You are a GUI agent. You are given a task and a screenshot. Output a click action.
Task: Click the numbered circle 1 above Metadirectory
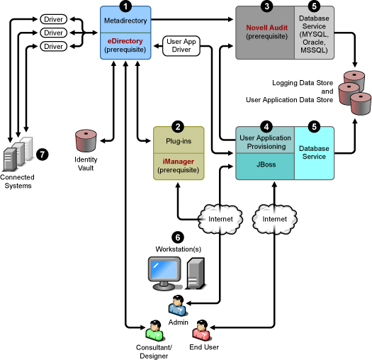pyautogui.click(x=125, y=6)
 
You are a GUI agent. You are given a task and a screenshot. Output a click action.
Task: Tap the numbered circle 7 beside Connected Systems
pyautogui.click(x=43, y=154)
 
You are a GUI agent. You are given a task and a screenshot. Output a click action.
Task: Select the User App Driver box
pyautogui.click(x=181, y=45)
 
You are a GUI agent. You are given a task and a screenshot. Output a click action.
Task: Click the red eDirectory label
pyautogui.click(x=125, y=41)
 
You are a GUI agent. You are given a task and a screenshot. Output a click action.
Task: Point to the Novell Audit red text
pyautogui.click(x=266, y=28)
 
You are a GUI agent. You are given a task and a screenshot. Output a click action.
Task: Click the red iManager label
pyautogui.click(x=178, y=162)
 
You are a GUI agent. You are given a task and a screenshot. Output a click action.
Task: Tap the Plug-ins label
pyautogui.click(x=179, y=141)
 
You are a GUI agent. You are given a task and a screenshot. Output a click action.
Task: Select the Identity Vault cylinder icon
pyautogui.click(x=86, y=140)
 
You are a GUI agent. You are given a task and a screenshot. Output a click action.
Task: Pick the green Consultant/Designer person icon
pyautogui.click(x=154, y=330)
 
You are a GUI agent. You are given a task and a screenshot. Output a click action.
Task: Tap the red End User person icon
pyautogui.click(x=201, y=330)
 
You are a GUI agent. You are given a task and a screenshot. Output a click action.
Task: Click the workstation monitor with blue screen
pyautogui.click(x=164, y=273)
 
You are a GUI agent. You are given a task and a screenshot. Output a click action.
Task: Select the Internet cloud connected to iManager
pyautogui.click(x=220, y=219)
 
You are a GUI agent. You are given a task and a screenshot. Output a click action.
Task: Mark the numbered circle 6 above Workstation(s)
pyautogui.click(x=178, y=237)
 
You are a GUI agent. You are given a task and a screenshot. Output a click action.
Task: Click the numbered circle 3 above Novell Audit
pyautogui.click(x=266, y=6)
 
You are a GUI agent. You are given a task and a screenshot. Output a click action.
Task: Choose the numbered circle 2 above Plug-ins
pyautogui.click(x=178, y=126)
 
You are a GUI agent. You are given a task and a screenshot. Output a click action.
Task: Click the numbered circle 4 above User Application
pyautogui.click(x=266, y=126)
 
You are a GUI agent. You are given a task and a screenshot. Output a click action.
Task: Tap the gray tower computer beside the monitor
pyautogui.click(x=196, y=274)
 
